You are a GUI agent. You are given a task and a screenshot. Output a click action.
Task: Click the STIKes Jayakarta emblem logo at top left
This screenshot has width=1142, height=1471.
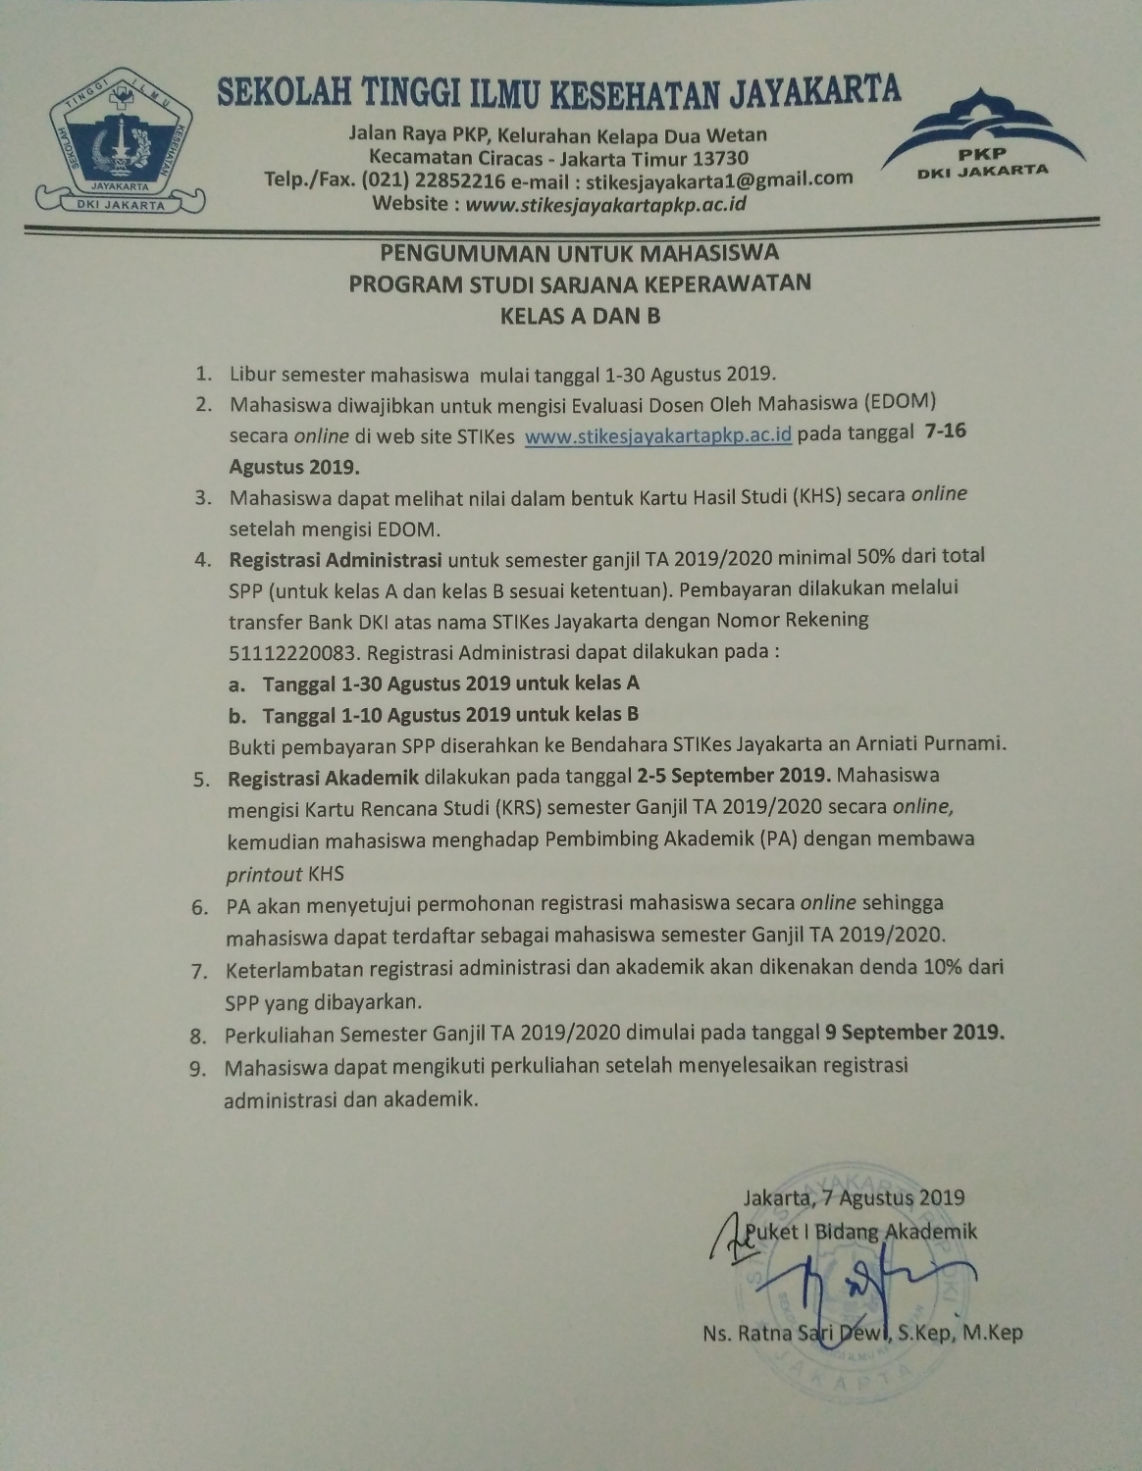122,142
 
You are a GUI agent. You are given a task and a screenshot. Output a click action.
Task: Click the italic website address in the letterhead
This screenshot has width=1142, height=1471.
606,204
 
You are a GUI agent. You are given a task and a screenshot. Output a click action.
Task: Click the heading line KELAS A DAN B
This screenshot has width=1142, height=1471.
580,316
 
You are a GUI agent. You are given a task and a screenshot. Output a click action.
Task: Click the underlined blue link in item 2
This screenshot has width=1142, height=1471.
657,435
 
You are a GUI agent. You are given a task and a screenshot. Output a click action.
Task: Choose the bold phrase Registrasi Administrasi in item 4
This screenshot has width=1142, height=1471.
337,560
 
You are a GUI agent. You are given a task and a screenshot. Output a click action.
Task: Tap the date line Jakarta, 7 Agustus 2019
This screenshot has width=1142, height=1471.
854,1197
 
